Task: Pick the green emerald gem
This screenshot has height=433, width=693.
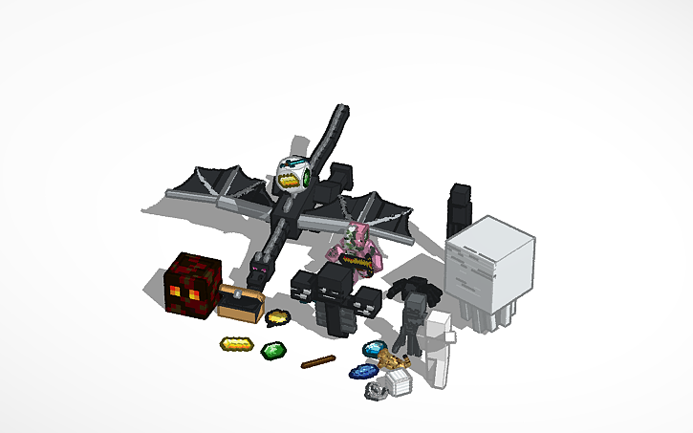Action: point(273,351)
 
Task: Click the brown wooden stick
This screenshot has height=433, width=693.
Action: point(317,361)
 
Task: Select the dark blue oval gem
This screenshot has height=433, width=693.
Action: point(363,373)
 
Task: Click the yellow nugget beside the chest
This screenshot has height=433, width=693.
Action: point(278,316)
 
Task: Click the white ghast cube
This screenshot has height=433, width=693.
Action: point(489,260)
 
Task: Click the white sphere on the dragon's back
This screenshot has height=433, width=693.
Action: point(292,173)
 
